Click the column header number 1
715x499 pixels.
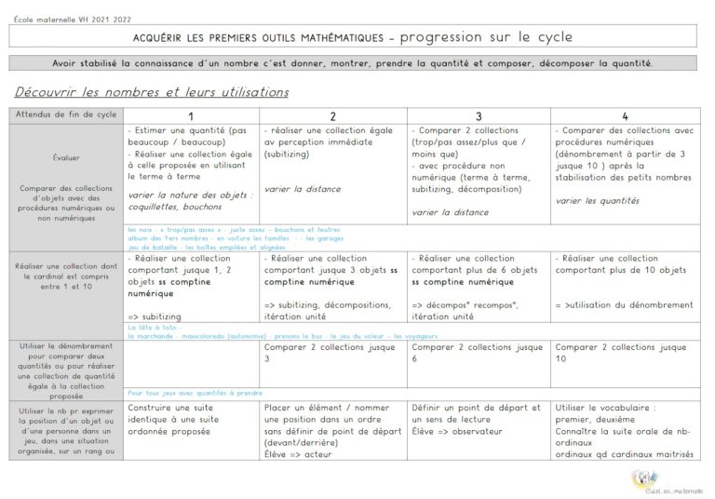[x=191, y=115]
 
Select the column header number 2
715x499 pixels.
[x=333, y=115]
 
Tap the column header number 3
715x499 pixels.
[x=479, y=115]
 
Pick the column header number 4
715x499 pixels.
[x=624, y=115]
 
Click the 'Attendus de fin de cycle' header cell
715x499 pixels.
[x=66, y=115]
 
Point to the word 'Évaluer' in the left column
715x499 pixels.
[x=66, y=158]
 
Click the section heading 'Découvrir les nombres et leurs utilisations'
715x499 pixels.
[x=152, y=92]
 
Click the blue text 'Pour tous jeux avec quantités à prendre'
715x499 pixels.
[x=195, y=393]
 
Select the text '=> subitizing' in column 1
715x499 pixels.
[x=155, y=317]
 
